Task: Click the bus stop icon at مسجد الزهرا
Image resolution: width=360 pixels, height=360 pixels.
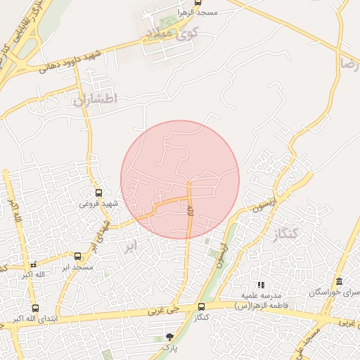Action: [x=198, y=4]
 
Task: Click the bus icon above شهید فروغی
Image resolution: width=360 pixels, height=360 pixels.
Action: [x=98, y=192]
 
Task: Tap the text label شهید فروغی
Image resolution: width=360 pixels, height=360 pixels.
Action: [x=98, y=203]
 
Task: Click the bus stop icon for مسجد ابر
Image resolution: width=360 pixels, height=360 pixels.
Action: [x=77, y=257]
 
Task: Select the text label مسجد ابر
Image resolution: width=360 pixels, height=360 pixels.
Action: [x=77, y=267]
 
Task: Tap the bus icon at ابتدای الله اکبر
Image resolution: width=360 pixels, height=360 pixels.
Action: [x=35, y=308]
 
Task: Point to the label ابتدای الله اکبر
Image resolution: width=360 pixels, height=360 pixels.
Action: [x=34, y=319]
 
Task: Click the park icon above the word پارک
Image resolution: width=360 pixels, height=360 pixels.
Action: [x=169, y=337]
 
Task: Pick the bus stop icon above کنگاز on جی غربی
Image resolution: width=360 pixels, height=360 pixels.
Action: [x=202, y=307]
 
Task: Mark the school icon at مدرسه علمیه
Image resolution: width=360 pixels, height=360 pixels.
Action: [x=261, y=285]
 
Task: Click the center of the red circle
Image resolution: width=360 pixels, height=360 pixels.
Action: [x=180, y=180]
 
